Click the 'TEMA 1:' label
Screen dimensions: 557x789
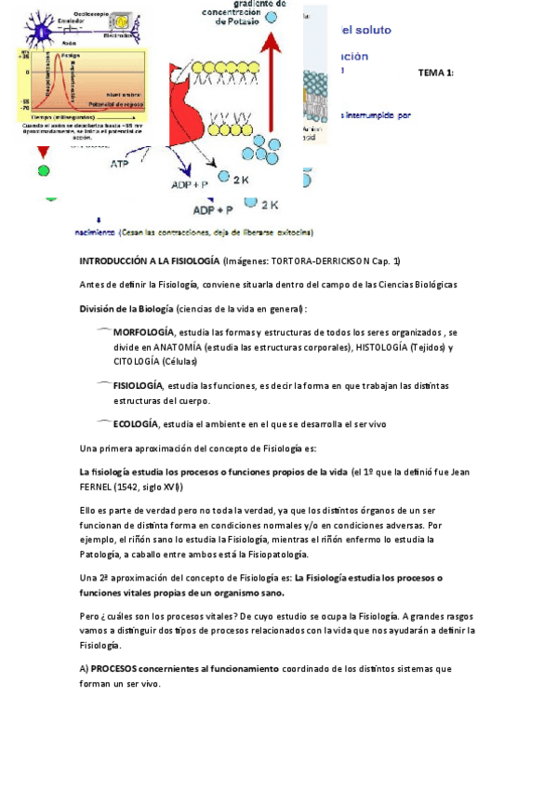(x=436, y=72)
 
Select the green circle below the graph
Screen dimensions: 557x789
(x=43, y=170)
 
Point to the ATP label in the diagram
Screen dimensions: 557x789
(x=119, y=164)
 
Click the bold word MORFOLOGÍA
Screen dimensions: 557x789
(x=143, y=332)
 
